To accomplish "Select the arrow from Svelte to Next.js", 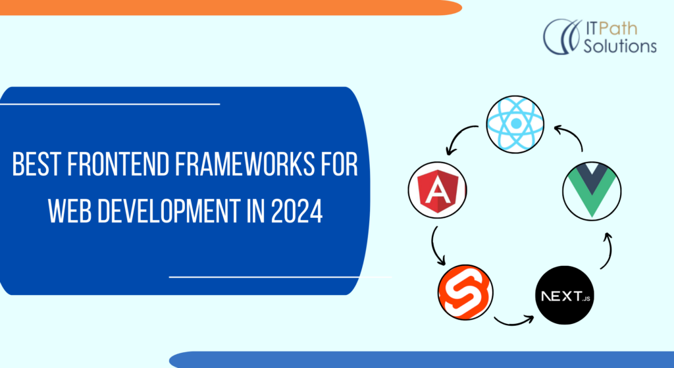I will click(x=513, y=321).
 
